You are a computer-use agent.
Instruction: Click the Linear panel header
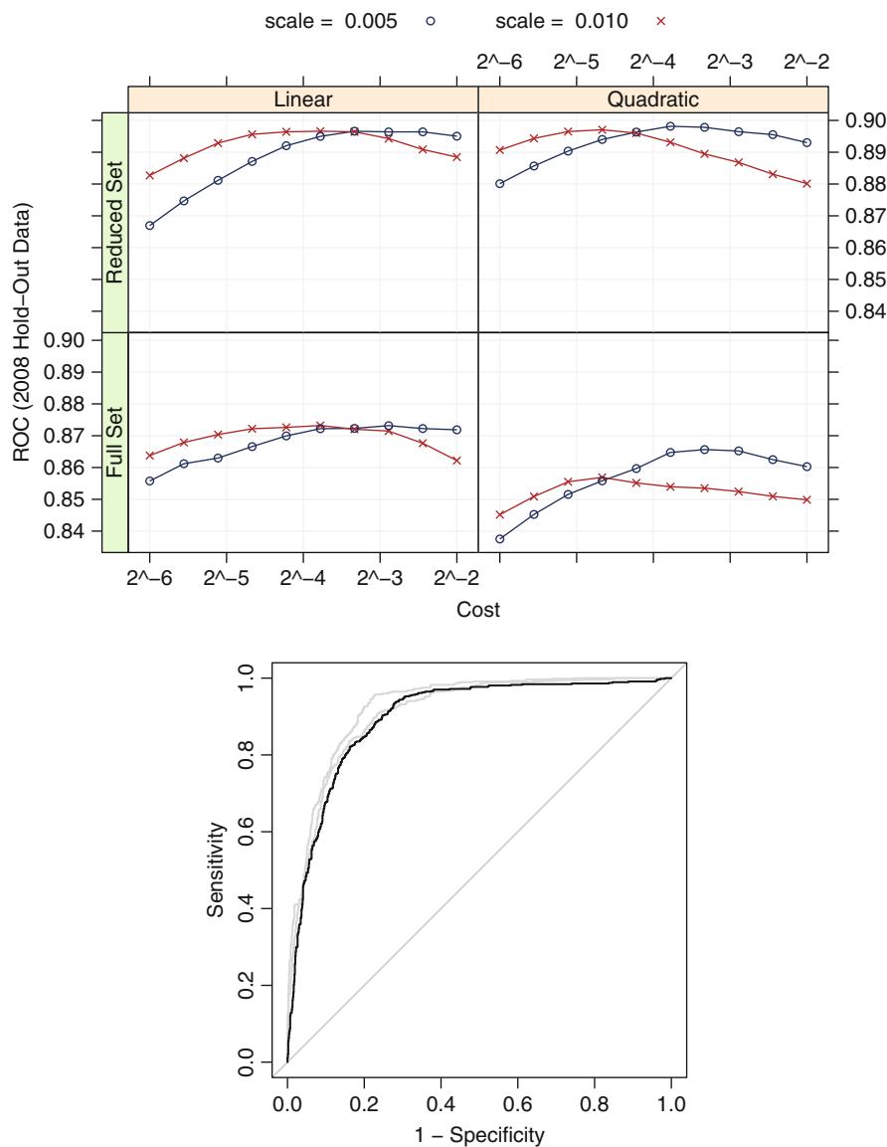[302, 99]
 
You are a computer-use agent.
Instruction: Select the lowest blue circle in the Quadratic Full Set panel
[499, 539]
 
